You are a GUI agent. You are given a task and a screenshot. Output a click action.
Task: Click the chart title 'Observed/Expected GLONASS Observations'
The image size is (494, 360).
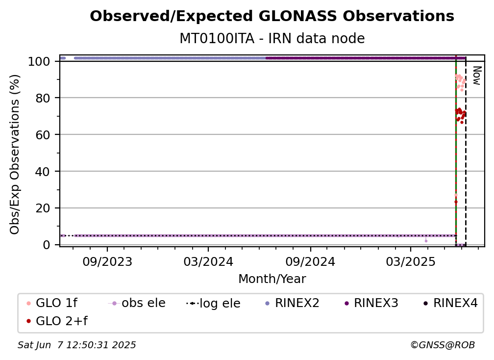point(272,16)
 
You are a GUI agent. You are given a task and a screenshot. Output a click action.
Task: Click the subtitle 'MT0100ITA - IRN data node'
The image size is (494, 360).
point(272,38)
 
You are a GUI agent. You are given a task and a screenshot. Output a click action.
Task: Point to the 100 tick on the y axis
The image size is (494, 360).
point(39,61)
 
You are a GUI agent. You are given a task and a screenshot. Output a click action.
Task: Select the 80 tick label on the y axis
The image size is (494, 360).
point(43,98)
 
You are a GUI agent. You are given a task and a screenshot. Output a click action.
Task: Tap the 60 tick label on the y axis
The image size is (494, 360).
point(43,135)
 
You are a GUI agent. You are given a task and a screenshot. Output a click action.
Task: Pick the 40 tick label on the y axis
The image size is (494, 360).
point(43,172)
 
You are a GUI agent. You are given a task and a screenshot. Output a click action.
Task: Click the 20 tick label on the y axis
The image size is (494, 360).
point(43,208)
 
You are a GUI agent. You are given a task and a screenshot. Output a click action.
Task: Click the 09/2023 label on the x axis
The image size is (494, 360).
point(107,261)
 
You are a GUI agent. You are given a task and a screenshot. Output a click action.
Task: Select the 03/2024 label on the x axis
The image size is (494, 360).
point(208,261)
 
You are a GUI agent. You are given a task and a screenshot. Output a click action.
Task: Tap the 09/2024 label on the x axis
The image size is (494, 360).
point(310,261)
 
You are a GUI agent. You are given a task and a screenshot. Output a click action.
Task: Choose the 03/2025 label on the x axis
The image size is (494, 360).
point(411,261)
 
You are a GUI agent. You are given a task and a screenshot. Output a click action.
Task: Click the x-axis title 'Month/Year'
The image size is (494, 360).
point(272,279)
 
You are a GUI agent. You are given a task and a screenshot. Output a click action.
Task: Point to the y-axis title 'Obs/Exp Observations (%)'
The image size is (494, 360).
point(15,154)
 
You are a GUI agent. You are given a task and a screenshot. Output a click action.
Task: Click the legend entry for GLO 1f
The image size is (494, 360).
point(52,303)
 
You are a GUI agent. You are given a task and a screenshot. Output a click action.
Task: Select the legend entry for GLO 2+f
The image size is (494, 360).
point(57,321)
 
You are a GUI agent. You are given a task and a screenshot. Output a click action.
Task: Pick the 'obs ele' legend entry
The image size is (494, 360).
point(137,303)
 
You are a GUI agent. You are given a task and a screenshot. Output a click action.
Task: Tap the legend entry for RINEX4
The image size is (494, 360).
point(450,303)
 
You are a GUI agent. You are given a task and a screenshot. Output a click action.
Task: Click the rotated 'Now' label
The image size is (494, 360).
point(477,76)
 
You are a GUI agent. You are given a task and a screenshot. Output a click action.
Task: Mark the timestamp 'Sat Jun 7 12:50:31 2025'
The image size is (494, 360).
point(76,345)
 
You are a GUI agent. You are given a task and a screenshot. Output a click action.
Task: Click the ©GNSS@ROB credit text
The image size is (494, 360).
point(443,345)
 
